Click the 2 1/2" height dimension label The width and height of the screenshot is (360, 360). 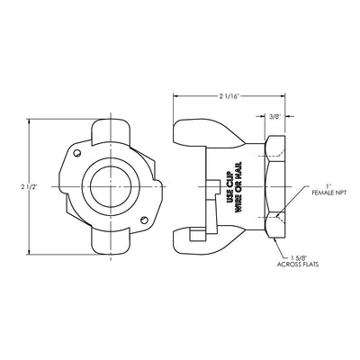click(29, 186)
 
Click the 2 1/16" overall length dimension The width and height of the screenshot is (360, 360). click(229, 96)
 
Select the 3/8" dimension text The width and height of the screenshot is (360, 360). click(274, 117)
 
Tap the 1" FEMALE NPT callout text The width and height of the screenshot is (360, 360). click(328, 190)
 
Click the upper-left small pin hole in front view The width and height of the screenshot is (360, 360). click(77, 153)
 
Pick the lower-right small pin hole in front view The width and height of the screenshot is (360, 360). click(145, 220)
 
